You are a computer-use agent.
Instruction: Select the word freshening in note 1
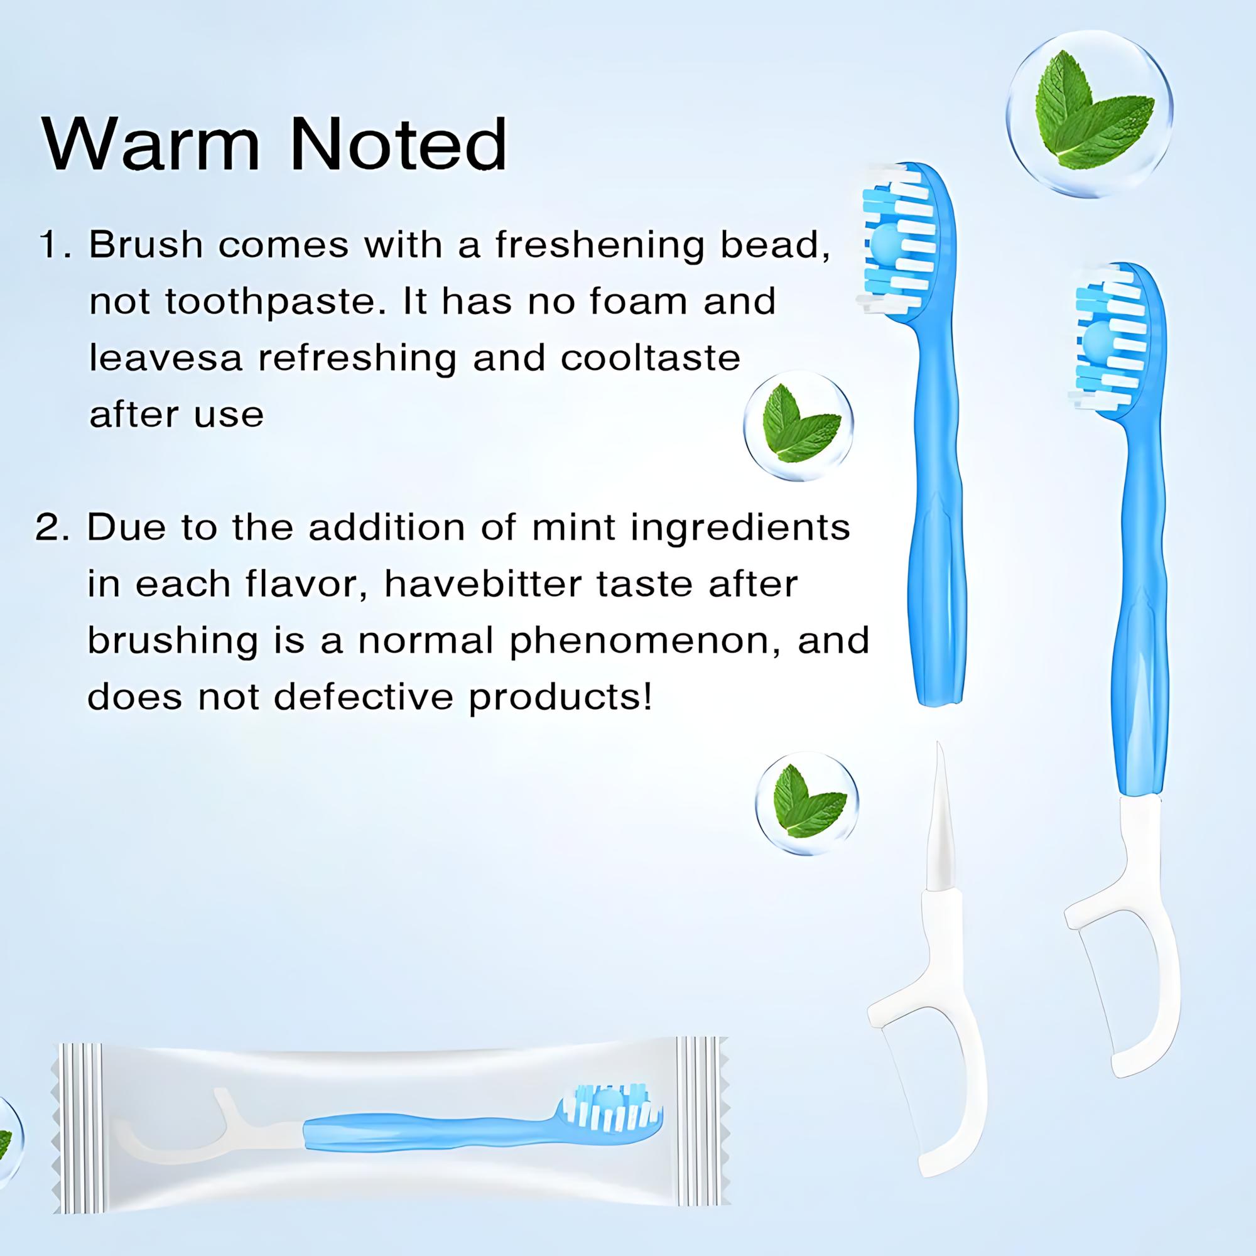(598, 245)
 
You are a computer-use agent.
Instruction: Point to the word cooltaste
(650, 358)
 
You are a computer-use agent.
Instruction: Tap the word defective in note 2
(364, 697)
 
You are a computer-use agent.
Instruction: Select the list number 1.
(53, 245)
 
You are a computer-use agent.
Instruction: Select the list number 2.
(52, 528)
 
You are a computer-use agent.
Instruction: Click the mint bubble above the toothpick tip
(807, 803)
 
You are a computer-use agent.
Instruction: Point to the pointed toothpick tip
(939, 747)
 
